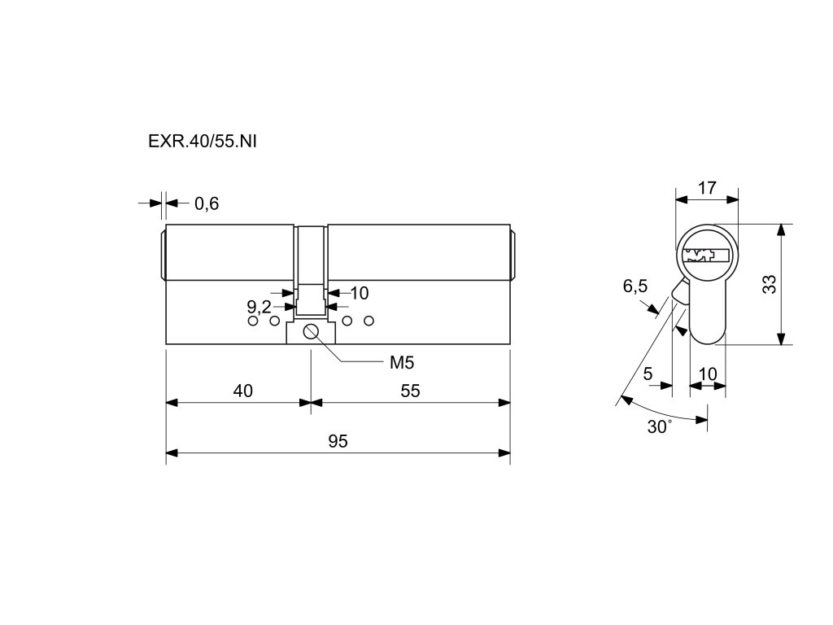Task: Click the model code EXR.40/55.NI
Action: (x=203, y=141)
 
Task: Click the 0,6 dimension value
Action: (x=207, y=203)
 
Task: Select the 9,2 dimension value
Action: (x=259, y=307)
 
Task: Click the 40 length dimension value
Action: (x=242, y=391)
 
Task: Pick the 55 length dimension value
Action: (x=410, y=391)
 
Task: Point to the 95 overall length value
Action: (x=338, y=441)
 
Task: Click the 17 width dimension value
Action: (x=707, y=188)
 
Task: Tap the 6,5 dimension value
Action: (x=635, y=286)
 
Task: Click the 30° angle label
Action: (x=660, y=426)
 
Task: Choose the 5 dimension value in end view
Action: (x=648, y=374)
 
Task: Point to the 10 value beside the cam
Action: (x=359, y=292)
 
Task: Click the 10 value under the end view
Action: (x=708, y=374)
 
